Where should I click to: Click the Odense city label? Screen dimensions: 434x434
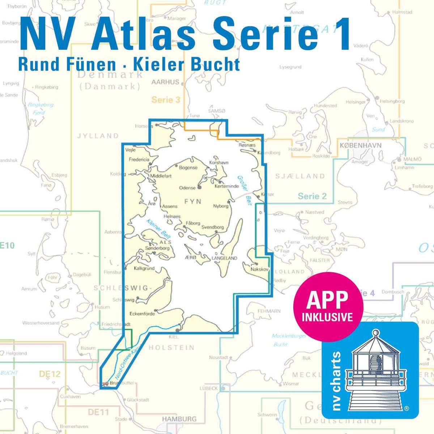click(187, 188)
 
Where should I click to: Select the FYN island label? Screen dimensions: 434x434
click(193, 201)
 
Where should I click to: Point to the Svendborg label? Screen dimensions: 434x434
click(213, 227)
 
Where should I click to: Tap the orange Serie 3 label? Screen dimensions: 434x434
click(166, 100)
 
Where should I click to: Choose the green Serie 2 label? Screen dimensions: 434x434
click(312, 196)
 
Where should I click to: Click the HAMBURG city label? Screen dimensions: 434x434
click(179, 419)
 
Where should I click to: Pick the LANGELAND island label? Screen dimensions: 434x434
click(224, 258)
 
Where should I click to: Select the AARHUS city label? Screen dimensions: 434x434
click(165, 82)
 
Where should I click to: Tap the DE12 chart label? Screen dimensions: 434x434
click(50, 374)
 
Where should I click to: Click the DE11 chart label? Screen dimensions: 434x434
click(98, 412)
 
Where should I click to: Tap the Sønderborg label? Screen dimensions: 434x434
click(157, 248)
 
